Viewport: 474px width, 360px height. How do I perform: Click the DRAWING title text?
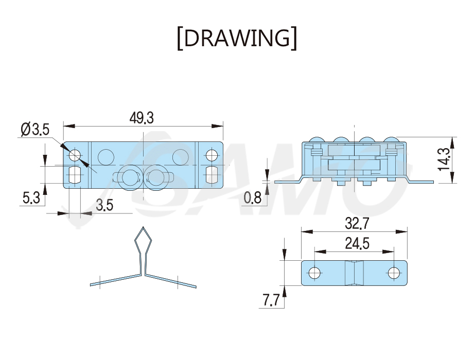(x=237, y=38)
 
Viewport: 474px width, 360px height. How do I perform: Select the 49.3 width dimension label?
(x=142, y=118)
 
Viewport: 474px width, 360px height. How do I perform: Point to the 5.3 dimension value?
(x=31, y=198)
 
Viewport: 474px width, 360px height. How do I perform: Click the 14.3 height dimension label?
(x=444, y=159)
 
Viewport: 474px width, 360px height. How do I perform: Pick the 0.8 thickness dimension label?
(x=253, y=198)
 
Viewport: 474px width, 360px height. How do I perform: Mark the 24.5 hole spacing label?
(x=357, y=243)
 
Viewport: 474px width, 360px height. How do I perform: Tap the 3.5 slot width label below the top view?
(x=104, y=205)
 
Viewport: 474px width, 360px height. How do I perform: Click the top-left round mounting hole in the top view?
(x=75, y=155)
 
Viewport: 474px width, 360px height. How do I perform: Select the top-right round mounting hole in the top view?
(x=212, y=155)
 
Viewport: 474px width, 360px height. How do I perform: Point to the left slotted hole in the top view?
(x=75, y=174)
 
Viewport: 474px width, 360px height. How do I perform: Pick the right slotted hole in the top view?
(x=212, y=174)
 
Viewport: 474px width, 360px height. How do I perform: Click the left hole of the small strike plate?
(x=314, y=273)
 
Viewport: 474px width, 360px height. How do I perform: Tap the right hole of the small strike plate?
(x=394, y=273)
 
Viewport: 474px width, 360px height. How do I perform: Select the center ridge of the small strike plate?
(x=354, y=273)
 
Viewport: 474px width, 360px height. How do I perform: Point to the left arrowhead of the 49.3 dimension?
(x=69, y=126)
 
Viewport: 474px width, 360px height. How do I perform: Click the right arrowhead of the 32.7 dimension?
(x=401, y=231)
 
